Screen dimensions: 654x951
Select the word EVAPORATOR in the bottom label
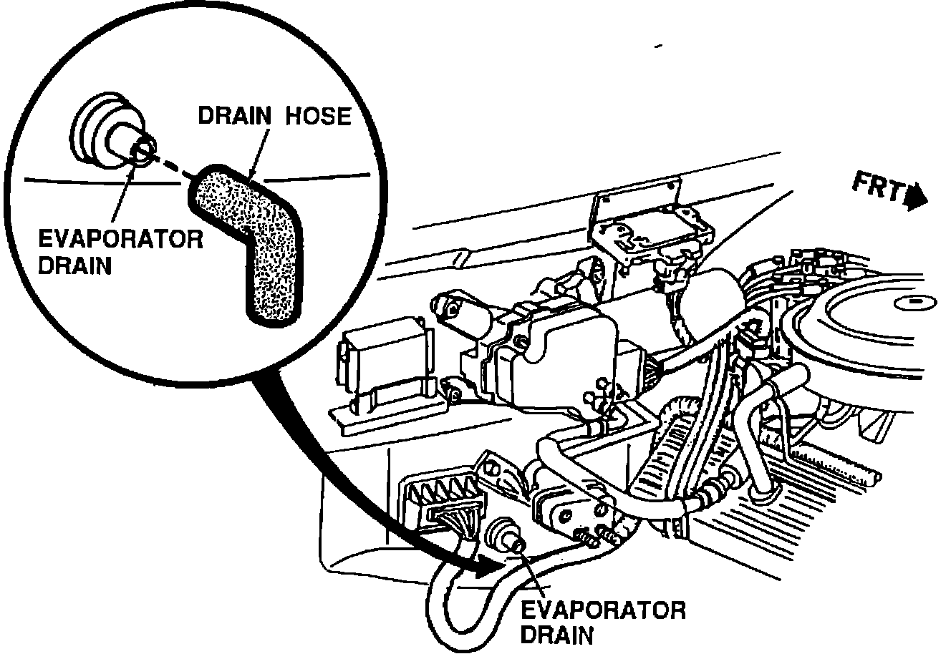(603, 610)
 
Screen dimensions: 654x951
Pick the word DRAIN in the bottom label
(557, 635)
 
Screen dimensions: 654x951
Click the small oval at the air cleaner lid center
(916, 303)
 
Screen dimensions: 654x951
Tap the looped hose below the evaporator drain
(458, 608)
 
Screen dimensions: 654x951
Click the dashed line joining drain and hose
(168, 165)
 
